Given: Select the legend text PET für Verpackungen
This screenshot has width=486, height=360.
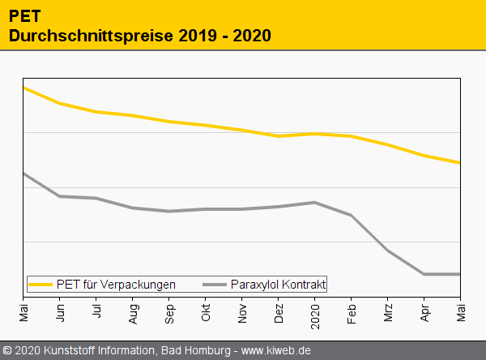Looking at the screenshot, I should (x=116, y=285).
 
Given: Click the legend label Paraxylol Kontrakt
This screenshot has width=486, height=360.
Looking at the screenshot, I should (x=278, y=285).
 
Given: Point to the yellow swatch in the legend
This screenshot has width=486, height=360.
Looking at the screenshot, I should (x=40, y=285).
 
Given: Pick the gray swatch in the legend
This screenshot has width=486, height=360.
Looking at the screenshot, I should (x=215, y=285).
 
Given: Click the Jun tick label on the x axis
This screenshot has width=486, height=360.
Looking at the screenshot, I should (x=61, y=311).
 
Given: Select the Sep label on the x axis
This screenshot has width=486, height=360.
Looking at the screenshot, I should (x=169, y=312).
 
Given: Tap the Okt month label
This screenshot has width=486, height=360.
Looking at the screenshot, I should (x=206, y=311).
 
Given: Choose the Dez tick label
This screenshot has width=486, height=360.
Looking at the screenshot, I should (x=279, y=312).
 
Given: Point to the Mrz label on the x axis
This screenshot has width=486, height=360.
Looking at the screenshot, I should (x=388, y=311).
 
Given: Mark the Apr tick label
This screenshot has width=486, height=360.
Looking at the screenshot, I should (x=424, y=311).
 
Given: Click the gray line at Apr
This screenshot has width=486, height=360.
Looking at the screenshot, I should (x=424, y=274).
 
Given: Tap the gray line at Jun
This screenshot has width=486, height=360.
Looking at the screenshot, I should (x=61, y=196).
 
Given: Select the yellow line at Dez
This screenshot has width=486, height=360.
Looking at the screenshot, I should (x=279, y=136).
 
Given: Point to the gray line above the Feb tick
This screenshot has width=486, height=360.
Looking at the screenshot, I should (x=352, y=215).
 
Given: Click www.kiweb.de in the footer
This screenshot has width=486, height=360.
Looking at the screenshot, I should (x=276, y=351).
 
